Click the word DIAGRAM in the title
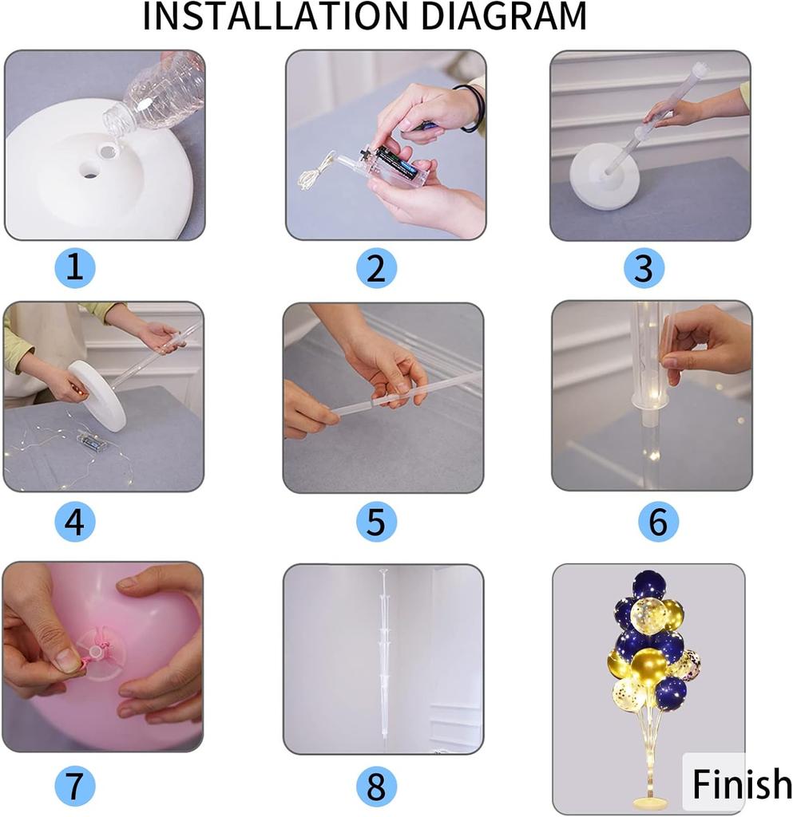[x=504, y=16]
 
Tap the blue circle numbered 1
[x=75, y=268]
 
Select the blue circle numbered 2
[x=376, y=268]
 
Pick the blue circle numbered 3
[x=644, y=268]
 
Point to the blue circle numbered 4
[x=75, y=522]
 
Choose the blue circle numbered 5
[x=376, y=522]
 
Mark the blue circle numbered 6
[x=659, y=522]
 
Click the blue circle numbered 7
[x=75, y=786]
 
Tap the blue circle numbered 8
[x=376, y=786]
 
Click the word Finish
[x=742, y=783]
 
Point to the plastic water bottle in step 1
[x=154, y=96]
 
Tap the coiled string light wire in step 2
[x=314, y=172]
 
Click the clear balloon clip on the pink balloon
[x=100, y=654]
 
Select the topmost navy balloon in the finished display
[x=648, y=585]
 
